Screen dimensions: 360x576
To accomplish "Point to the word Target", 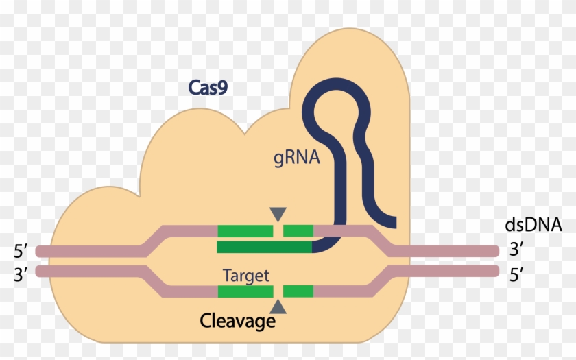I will (x=246, y=276).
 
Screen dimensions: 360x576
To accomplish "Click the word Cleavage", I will (x=237, y=320).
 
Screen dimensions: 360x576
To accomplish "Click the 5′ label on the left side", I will (x=19, y=251).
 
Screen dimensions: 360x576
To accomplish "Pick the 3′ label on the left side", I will (x=19, y=276).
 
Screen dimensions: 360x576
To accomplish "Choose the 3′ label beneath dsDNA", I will (x=517, y=250).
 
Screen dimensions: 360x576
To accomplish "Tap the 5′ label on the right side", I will (x=517, y=275).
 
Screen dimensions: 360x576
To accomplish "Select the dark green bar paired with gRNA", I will (x=265, y=247).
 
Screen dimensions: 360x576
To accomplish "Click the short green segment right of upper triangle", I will (x=298, y=231).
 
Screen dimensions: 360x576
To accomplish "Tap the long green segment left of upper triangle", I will (x=245, y=231).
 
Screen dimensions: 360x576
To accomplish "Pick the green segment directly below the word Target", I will (x=245, y=291).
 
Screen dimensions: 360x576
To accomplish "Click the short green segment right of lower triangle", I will (x=298, y=291).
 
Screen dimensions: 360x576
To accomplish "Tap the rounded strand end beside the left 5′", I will (x=40, y=251).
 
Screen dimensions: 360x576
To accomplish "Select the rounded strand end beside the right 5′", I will (x=493, y=272).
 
